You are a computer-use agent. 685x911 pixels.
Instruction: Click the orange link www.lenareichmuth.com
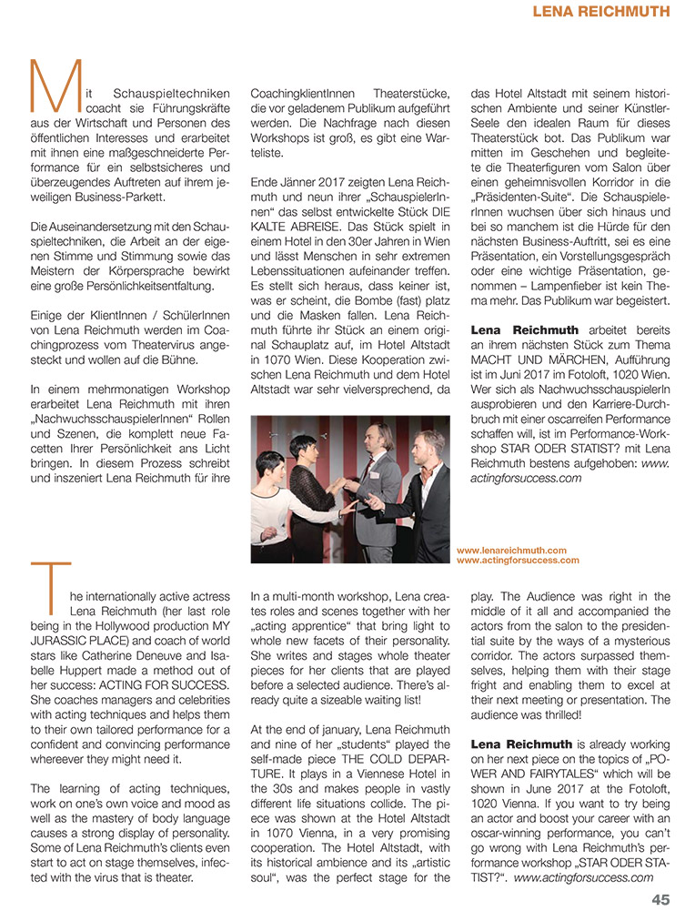pos(511,551)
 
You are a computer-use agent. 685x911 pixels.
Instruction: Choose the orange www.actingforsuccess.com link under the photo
pos(518,561)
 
